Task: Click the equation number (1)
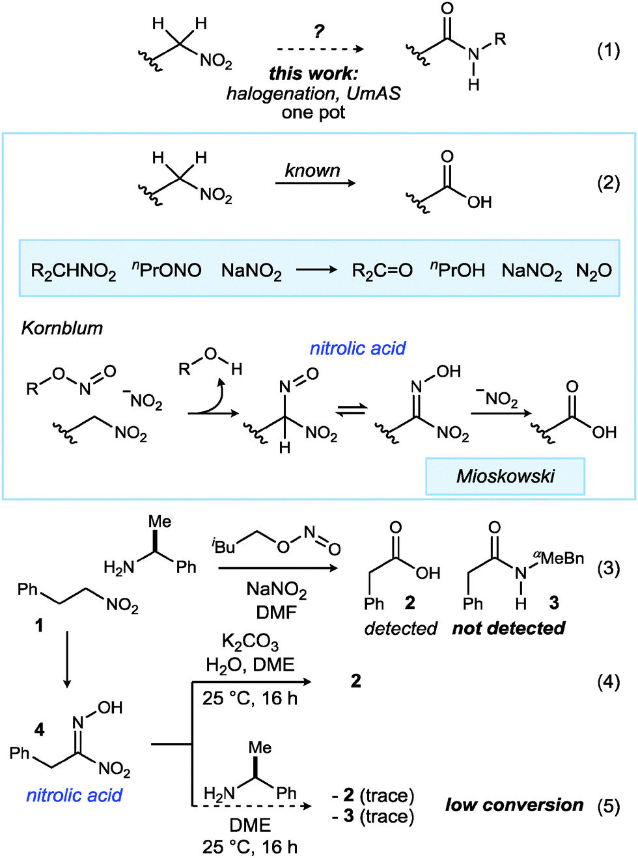click(608, 50)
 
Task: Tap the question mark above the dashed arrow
click(318, 31)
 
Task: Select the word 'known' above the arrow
click(312, 170)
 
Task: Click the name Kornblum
click(62, 328)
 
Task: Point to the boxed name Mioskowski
click(505, 476)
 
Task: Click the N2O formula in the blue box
click(594, 271)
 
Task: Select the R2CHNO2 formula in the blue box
click(74, 271)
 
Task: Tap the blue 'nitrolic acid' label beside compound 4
click(74, 795)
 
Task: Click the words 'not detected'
click(508, 628)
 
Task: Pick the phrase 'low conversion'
click(514, 805)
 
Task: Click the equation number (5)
click(608, 806)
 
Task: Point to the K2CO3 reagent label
click(250, 642)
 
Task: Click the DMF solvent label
click(277, 612)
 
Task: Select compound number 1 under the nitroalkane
click(39, 625)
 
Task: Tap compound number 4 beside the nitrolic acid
click(39, 729)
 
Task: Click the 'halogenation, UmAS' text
click(313, 94)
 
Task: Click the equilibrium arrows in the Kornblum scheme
click(352, 410)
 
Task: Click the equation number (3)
click(608, 568)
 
